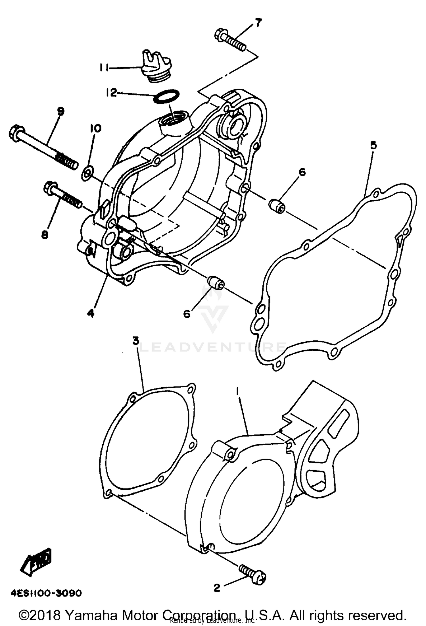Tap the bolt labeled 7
(x=230, y=41)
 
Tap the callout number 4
(x=91, y=313)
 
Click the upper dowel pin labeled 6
(x=277, y=205)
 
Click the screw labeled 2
(x=252, y=574)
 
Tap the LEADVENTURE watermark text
(x=213, y=347)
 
